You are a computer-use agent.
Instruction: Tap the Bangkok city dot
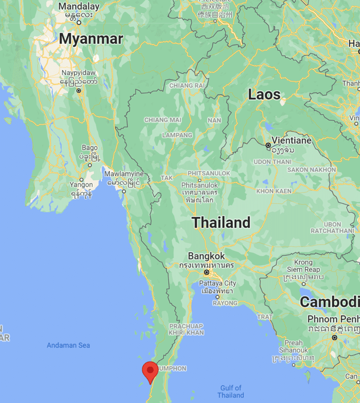tap(207, 272)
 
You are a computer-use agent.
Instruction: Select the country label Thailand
tap(221, 223)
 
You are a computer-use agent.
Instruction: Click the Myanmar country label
tap(91, 39)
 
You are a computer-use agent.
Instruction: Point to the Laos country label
tap(264, 94)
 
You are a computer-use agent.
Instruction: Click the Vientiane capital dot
tap(268, 145)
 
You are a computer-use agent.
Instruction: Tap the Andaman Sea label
tap(68, 345)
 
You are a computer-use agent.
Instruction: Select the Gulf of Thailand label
tap(231, 391)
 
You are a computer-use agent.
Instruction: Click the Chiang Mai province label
tap(162, 120)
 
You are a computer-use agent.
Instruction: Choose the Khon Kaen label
tap(274, 191)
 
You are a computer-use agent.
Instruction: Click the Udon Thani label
tap(272, 161)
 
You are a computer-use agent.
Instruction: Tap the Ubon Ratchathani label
tap(332, 227)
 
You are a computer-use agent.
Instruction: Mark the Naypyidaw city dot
tap(79, 91)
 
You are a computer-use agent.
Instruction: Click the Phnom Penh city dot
tap(334, 338)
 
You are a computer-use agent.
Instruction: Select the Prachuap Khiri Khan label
tap(186, 329)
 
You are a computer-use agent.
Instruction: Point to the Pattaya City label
tap(217, 284)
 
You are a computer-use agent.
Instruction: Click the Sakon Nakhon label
tap(311, 170)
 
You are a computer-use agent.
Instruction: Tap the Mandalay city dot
tap(79, 22)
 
